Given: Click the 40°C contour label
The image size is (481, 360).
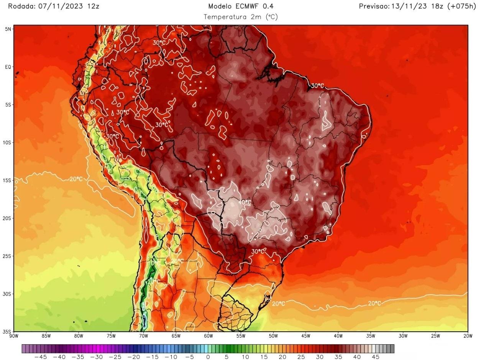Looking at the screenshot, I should click(245, 202).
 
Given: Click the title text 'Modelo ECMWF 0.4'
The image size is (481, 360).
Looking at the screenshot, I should click(241, 6).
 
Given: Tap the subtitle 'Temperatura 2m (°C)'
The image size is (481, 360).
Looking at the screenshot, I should click(241, 17).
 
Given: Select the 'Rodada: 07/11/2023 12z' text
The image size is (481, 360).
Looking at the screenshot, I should click(54, 6).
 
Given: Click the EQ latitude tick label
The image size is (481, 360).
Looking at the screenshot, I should click(8, 67).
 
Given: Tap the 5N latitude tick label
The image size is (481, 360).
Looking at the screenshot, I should click(8, 29).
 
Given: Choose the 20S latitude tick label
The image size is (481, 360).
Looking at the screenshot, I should click(7, 218).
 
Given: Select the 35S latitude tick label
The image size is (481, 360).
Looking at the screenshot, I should click(7, 332).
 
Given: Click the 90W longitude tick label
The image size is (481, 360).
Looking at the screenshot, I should click(14, 336).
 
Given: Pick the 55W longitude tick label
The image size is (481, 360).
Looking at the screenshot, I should click(241, 336).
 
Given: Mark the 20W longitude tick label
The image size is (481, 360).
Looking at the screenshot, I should click(468, 336).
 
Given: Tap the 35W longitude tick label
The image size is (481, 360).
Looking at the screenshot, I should click(370, 336).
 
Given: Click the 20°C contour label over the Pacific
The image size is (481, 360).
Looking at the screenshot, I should click(76, 179).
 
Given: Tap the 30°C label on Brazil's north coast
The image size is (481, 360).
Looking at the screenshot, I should click(317, 86).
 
